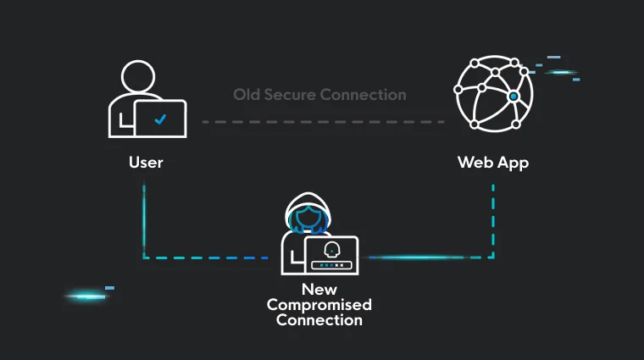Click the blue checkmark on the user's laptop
coord(161,120)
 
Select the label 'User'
coord(146,162)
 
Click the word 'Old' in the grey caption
coord(248,95)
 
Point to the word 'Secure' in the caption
coord(291,95)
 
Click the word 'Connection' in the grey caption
coord(364,95)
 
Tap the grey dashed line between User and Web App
coord(323,122)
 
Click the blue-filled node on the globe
coord(513,97)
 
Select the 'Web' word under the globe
coord(475,162)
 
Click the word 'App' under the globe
coord(513,163)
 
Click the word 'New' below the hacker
coord(319,290)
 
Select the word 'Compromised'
coord(319,305)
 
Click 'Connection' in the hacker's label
coord(319,320)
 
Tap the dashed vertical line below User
coord(144,220)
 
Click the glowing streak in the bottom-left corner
coord(86,296)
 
